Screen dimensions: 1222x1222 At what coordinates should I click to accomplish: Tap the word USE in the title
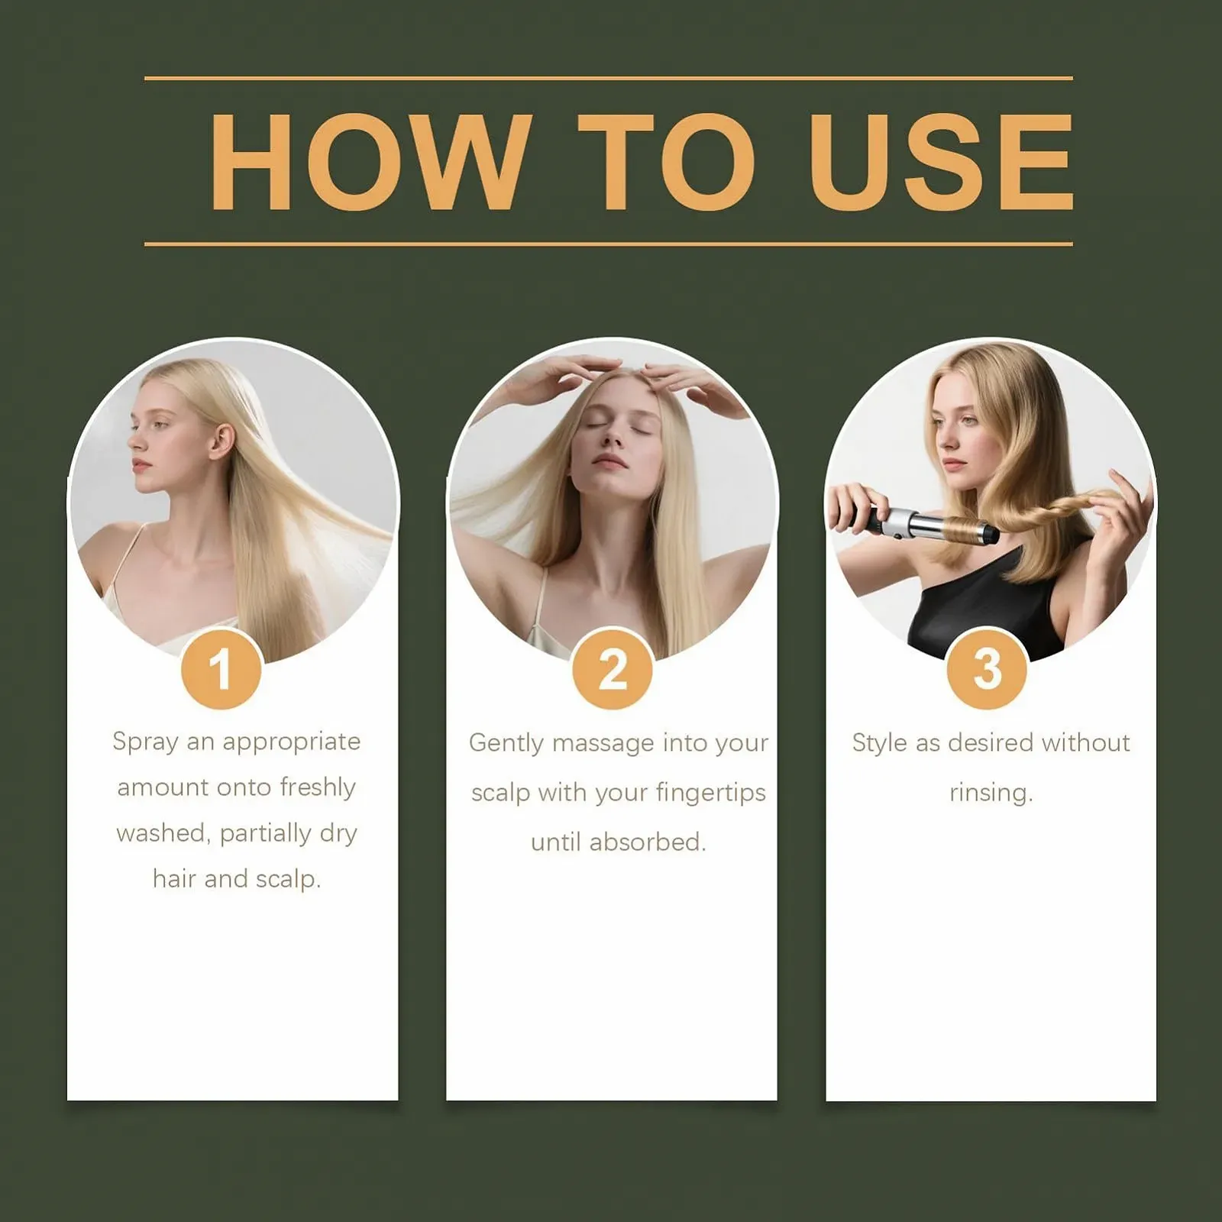pyautogui.click(x=941, y=161)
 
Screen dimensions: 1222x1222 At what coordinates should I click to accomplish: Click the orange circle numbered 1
pyautogui.click(x=221, y=670)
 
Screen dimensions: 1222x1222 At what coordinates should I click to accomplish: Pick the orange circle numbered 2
pyautogui.click(x=613, y=670)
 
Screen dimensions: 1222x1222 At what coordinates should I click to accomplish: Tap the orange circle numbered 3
pyautogui.click(x=987, y=670)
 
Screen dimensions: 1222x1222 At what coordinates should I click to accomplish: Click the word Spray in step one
pyautogui.click(x=145, y=742)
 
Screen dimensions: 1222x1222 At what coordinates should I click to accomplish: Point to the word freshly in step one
pyautogui.click(x=318, y=787)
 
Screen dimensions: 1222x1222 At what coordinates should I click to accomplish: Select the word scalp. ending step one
pyautogui.click(x=288, y=880)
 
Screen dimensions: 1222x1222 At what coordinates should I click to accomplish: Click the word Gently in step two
pyautogui.click(x=506, y=744)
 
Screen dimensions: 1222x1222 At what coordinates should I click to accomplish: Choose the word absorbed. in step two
pyautogui.click(x=648, y=842)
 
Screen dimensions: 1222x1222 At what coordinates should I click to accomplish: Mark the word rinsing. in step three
pyautogui.click(x=991, y=793)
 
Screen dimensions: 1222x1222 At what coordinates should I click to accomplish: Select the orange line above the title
pyautogui.click(x=609, y=78)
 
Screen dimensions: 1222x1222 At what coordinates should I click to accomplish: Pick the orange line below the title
pyautogui.click(x=609, y=244)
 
